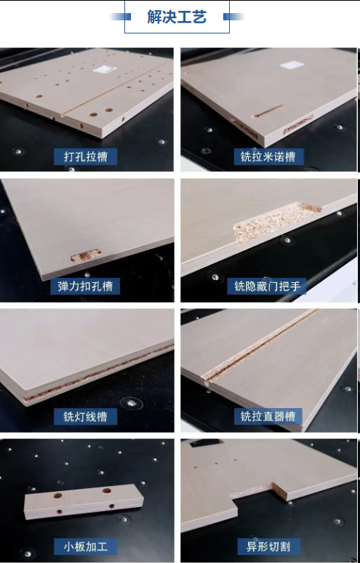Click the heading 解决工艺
pyautogui.click(x=177, y=17)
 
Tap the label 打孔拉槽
pyautogui.click(x=85, y=157)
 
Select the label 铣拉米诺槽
pyautogui.click(x=268, y=157)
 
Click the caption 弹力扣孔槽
pyautogui.click(x=85, y=286)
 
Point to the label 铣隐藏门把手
pyautogui.click(x=268, y=286)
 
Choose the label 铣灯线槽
pyautogui.click(x=85, y=417)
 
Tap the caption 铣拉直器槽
pyautogui.click(x=268, y=417)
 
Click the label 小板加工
pyautogui.click(x=85, y=547)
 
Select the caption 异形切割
pyautogui.click(x=268, y=547)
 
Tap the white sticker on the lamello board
pyautogui.click(x=292, y=65)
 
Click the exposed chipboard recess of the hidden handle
pyautogui.click(x=276, y=220)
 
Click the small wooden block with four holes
pyautogui.click(x=84, y=501)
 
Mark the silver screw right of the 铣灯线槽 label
pyautogui.click(x=132, y=404)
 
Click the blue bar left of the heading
pyautogui.click(x=120, y=17)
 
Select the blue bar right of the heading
pyautogui.click(x=233, y=17)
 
